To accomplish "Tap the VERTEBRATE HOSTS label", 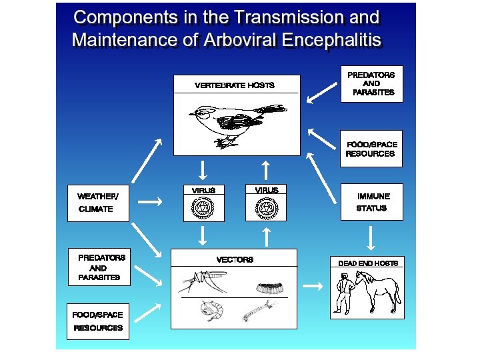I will coord(234,85).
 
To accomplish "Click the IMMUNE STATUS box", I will coord(371,202).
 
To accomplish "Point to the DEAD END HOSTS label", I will coord(367,263).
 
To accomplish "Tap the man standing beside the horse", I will coord(344,293).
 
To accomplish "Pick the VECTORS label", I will coord(235,259).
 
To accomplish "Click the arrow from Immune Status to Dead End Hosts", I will coord(370,237).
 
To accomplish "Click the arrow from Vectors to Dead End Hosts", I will coord(313,287).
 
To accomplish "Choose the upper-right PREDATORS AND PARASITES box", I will coord(371,84).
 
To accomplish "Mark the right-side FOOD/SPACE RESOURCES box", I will coord(371,149).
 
